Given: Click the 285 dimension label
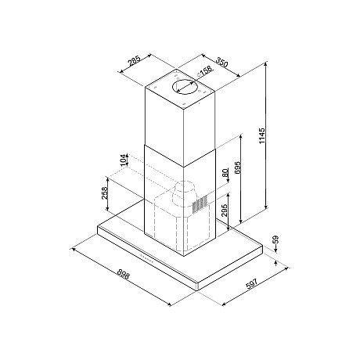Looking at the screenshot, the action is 135,62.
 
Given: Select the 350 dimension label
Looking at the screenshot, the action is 221,63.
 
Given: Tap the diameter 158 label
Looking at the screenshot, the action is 205,72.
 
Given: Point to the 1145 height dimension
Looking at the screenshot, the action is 262,135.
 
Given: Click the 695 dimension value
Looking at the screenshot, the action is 237,167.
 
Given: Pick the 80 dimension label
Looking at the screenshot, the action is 225,172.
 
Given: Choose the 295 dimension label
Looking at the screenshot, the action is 225,211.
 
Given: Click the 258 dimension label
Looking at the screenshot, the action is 105,193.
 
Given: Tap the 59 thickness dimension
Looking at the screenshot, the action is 276,239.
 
